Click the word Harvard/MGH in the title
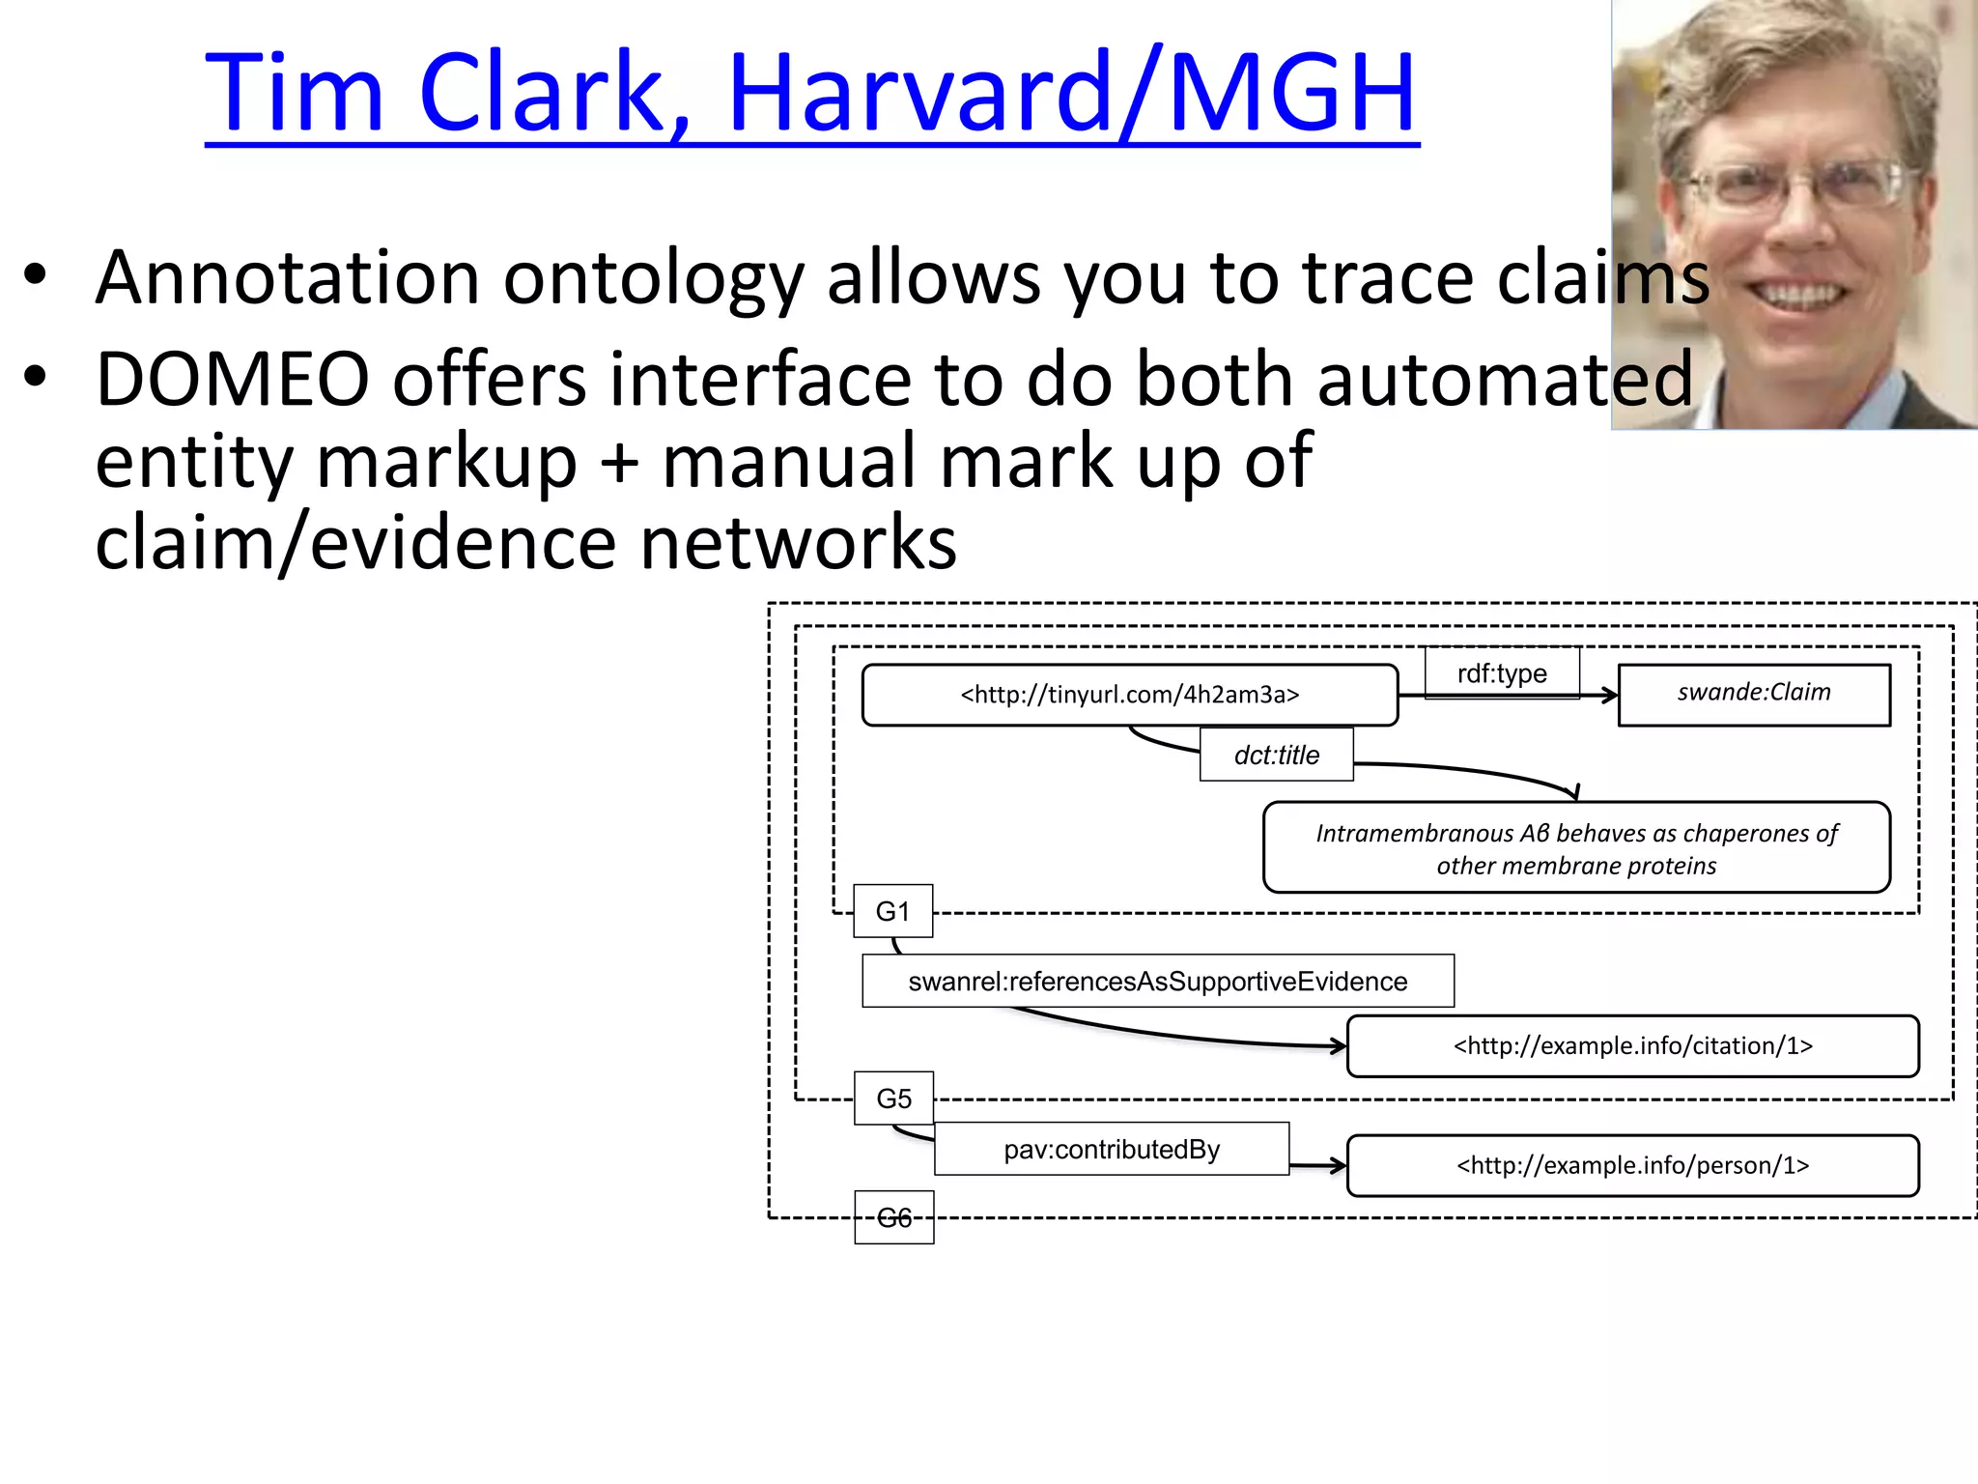(1072, 93)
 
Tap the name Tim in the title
(295, 93)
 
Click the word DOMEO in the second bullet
(232, 379)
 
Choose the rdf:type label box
(1502, 673)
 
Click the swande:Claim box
(1753, 694)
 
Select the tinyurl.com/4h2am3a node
(1129, 695)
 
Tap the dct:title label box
(1276, 755)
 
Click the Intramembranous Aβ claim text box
(1575, 848)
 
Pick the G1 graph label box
(892, 911)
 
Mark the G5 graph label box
(893, 1099)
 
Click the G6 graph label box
(893, 1217)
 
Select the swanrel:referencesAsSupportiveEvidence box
(1157, 982)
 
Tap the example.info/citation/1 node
(1632, 1046)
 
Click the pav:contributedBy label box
(1111, 1149)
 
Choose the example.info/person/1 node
(1632, 1165)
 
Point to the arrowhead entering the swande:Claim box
(1609, 695)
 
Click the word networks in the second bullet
(798, 543)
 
